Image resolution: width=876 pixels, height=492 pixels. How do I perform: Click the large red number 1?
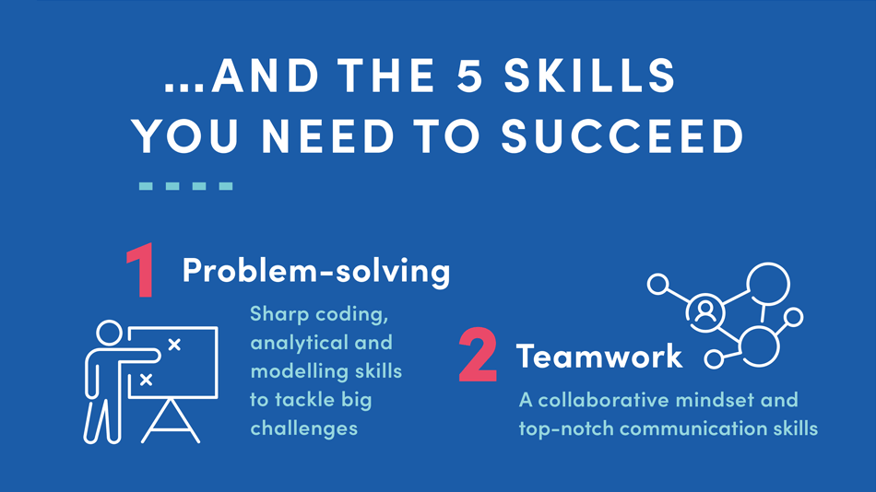click(x=141, y=270)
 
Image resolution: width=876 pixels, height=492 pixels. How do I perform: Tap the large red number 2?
click(x=478, y=355)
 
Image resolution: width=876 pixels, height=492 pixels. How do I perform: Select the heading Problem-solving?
click(x=316, y=272)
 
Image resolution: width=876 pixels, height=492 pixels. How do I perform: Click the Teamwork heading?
click(x=599, y=356)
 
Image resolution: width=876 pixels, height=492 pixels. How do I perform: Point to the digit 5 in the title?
click(x=469, y=76)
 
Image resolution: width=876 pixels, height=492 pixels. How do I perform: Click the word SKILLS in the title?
click(x=590, y=76)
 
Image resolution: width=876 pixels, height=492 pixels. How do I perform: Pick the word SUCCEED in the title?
click(x=622, y=135)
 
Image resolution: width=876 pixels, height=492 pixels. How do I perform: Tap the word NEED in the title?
click(x=328, y=135)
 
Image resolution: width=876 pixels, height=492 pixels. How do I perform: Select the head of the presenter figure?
click(x=109, y=334)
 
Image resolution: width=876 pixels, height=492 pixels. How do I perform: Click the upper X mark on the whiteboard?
click(x=174, y=345)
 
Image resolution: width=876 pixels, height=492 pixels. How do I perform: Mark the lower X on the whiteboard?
click(x=146, y=380)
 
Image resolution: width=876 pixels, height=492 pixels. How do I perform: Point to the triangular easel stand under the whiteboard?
click(x=171, y=422)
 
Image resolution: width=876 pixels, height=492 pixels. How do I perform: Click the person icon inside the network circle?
click(x=705, y=312)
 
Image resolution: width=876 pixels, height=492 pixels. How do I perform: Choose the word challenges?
click(x=304, y=428)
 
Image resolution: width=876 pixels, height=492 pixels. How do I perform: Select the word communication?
click(x=693, y=428)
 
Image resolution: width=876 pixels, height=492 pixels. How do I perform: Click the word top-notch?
click(x=566, y=429)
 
